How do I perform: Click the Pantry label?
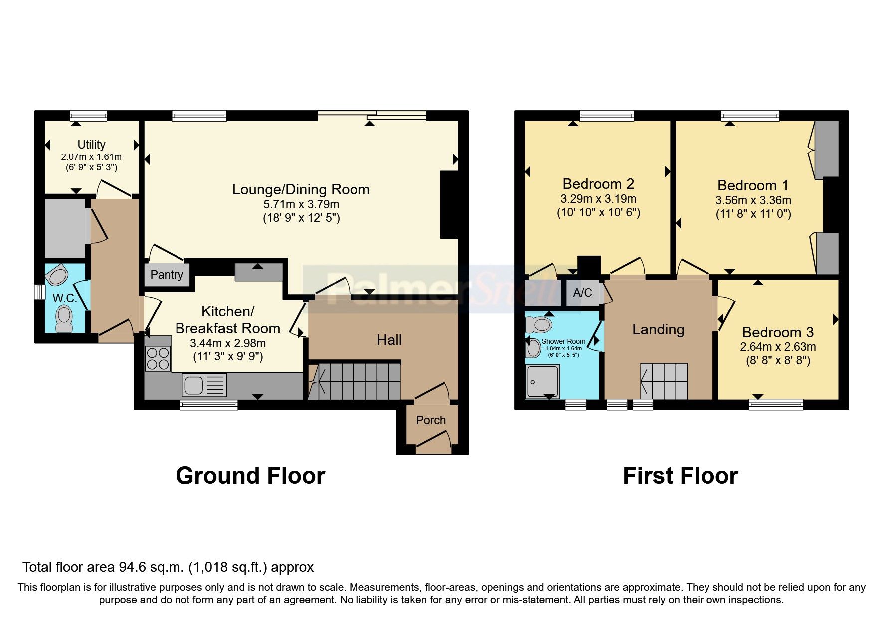coord(167,275)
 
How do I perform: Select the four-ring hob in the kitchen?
coord(158,358)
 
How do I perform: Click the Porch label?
coord(431,420)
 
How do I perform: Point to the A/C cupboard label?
coord(582,293)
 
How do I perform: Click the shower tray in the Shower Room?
coord(542,382)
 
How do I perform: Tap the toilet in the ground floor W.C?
coord(64,318)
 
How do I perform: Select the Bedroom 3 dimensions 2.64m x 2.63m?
coord(778,347)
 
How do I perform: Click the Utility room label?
coord(91,145)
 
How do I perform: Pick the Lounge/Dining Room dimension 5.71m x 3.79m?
coord(301,204)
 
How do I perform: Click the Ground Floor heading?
coord(250,476)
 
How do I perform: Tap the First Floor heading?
coord(680,476)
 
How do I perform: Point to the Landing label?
coord(658,329)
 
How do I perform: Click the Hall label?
coord(389,340)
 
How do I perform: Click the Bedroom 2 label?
coord(598,184)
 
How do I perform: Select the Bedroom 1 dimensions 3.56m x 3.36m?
coord(753,200)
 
